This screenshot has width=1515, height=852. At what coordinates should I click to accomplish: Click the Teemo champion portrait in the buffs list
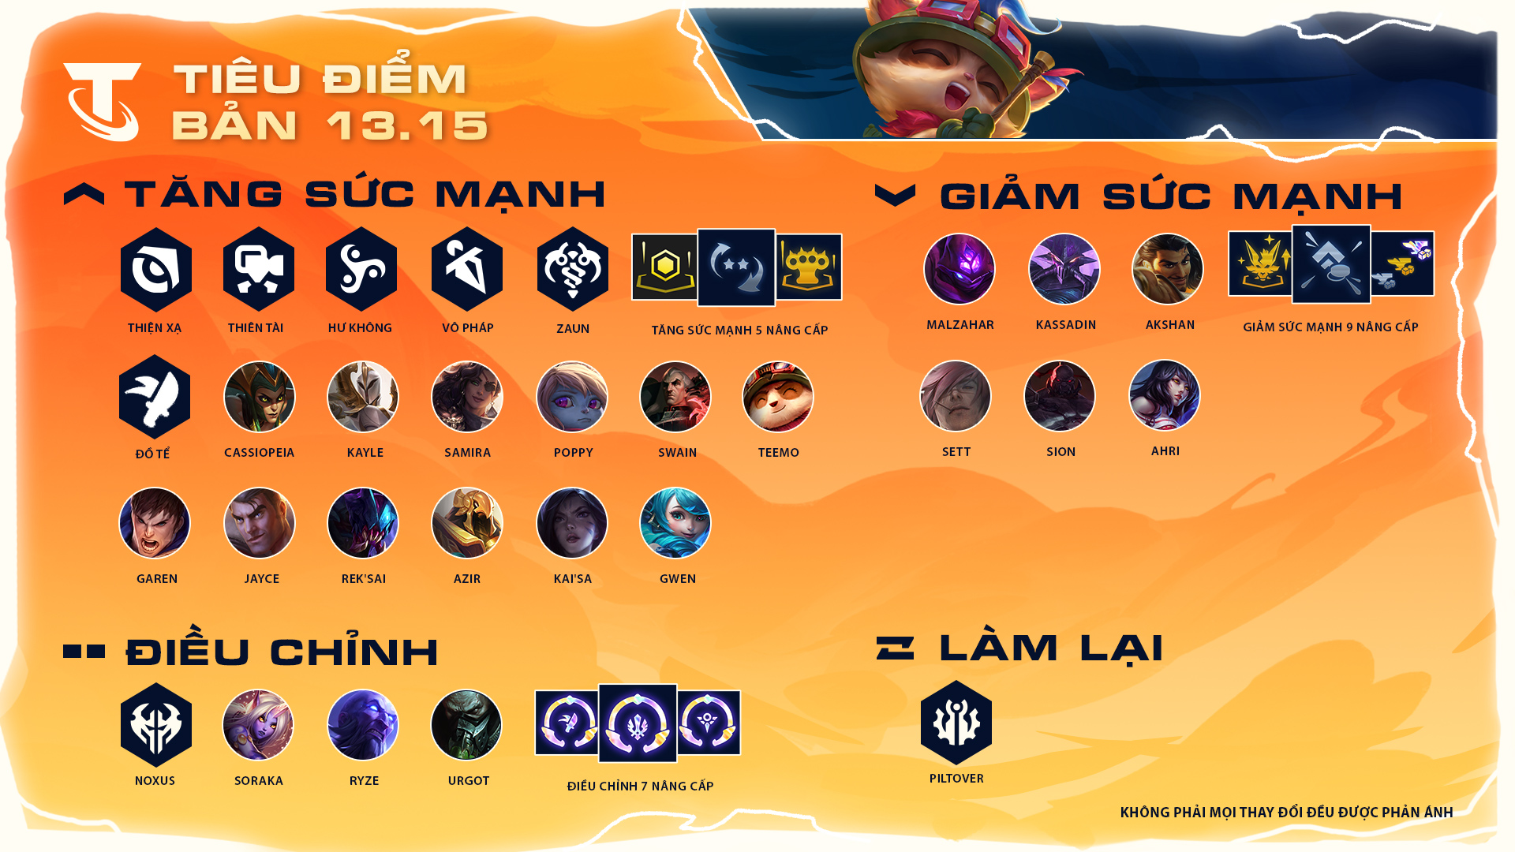pos(778,397)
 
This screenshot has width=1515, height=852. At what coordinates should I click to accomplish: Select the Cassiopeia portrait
pos(260,397)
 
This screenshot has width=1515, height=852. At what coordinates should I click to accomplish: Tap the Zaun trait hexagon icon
pos(573,269)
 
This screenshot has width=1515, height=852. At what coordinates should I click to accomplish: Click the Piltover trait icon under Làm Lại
pos(956,723)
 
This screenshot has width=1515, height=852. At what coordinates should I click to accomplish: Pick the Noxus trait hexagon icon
pos(156,725)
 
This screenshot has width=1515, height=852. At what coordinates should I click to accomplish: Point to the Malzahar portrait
pos(959,269)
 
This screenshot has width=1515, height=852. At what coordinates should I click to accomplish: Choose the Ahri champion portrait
pos(1165,395)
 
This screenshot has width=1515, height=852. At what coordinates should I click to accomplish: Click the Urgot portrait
pos(466,725)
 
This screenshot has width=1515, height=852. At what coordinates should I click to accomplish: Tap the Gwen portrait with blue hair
pos(675,523)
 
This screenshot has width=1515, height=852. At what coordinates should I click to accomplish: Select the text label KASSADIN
pos(1066,325)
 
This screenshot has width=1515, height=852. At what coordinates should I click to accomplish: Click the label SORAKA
pos(259,781)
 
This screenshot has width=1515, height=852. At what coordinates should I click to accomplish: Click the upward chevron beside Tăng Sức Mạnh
pos(84,193)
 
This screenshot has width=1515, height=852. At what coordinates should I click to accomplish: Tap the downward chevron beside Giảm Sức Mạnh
pos(896,195)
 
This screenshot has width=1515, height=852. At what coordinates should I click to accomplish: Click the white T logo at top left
pos(103,102)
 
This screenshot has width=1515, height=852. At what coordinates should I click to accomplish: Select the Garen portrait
pos(155,523)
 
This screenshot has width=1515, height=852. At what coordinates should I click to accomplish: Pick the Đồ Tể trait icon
pos(155,397)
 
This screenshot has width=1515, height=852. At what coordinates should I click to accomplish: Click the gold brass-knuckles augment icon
pos(809,267)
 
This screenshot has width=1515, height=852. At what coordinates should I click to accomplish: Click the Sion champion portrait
pos(1060,396)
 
